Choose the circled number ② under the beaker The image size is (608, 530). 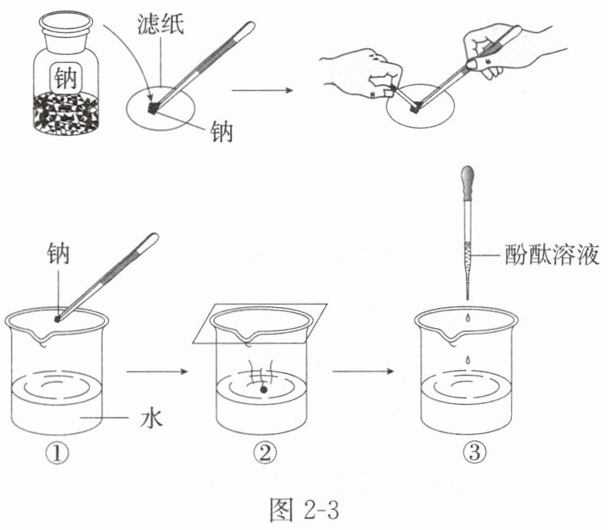[264, 455]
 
